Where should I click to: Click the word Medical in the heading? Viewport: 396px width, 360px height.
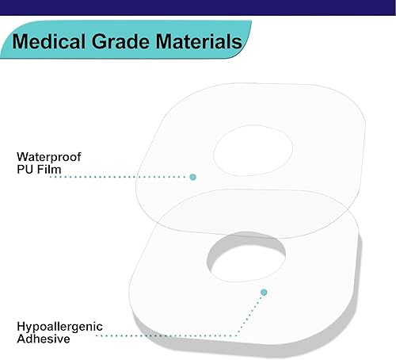48,41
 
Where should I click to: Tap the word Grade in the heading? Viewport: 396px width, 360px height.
121,41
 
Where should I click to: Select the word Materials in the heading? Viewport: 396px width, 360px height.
199,41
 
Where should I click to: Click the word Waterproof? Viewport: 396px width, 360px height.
49,157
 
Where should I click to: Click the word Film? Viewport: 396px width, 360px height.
49,169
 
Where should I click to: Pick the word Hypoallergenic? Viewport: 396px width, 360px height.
59,327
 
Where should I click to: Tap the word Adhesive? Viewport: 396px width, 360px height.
44,339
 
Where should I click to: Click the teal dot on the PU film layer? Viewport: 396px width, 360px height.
192,177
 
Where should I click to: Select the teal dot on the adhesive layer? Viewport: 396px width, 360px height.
264,292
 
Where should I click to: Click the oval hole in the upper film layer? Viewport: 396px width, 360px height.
253,151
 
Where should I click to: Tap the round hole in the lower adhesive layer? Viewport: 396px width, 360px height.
246,256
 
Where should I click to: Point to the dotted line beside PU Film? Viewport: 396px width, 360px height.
119,177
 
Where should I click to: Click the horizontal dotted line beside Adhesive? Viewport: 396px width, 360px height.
166,335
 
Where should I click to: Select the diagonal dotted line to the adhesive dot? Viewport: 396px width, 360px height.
250,315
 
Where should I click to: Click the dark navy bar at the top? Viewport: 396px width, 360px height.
198,7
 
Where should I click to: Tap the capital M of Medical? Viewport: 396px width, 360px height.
20,41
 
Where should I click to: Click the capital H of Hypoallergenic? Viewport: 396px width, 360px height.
21,326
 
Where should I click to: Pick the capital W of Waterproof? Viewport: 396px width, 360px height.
22,157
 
